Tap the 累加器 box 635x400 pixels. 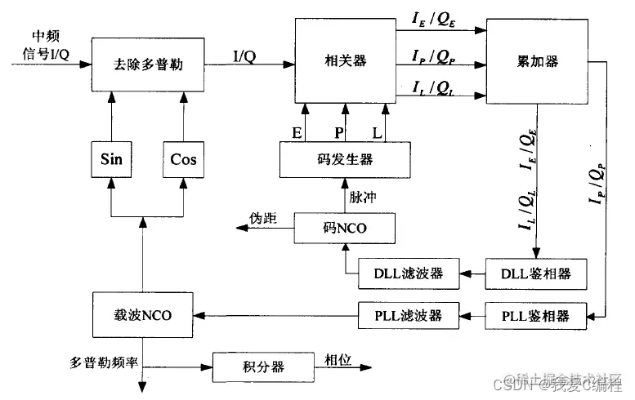tap(537, 62)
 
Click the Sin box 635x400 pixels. tap(111, 158)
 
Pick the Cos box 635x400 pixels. tap(184, 158)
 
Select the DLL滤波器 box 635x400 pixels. tap(408, 273)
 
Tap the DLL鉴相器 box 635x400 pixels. tap(537, 273)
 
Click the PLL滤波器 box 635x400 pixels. tap(408, 314)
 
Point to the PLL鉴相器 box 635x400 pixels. tap(537, 314)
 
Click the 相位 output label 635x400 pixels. tap(337, 359)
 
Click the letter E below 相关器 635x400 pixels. tap(296, 131)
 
